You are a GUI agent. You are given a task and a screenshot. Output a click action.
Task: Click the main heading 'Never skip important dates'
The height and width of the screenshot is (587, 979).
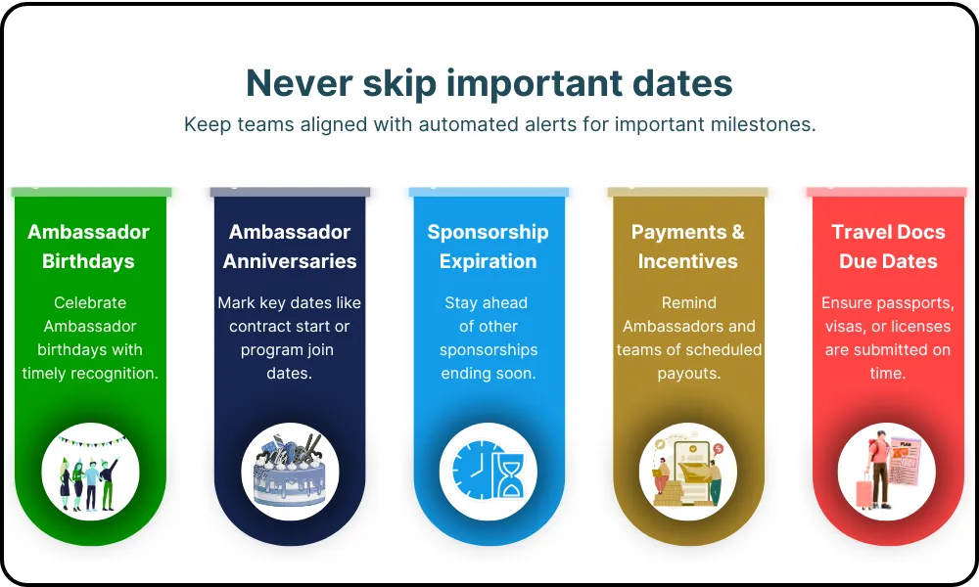coord(489,83)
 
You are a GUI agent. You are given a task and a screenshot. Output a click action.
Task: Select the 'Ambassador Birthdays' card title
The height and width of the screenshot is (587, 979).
coord(89,247)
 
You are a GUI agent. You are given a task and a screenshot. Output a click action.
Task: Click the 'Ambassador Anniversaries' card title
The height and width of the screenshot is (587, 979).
coord(290,247)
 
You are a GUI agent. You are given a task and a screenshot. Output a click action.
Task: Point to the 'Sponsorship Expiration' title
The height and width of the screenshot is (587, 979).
coord(489,247)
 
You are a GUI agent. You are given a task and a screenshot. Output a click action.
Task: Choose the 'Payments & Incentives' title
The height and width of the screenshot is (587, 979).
coord(688,247)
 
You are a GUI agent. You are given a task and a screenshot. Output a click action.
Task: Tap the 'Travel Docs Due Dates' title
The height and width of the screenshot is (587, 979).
coord(888,247)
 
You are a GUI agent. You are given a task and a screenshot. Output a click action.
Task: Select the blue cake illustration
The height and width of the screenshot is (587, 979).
coord(290,473)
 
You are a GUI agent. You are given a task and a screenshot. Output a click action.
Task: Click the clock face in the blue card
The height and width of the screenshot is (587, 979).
coord(475,470)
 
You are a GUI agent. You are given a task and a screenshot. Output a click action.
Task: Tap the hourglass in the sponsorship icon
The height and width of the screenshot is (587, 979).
coord(509,475)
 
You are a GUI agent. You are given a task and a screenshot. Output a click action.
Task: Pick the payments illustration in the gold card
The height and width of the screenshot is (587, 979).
coord(688,472)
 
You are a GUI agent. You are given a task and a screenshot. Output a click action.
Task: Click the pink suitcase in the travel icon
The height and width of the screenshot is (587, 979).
coord(864,490)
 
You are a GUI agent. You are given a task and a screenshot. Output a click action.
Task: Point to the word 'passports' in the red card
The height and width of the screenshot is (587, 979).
coord(918,304)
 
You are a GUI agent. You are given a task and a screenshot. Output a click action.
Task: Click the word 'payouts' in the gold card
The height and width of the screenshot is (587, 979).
coord(689,374)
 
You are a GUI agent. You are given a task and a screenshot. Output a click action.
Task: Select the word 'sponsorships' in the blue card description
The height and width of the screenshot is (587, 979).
coord(489,350)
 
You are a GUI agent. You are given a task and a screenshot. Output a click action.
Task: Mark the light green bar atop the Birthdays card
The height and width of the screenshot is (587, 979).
coord(91,192)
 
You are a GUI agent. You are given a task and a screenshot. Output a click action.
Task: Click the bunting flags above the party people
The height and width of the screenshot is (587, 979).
coord(91,441)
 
